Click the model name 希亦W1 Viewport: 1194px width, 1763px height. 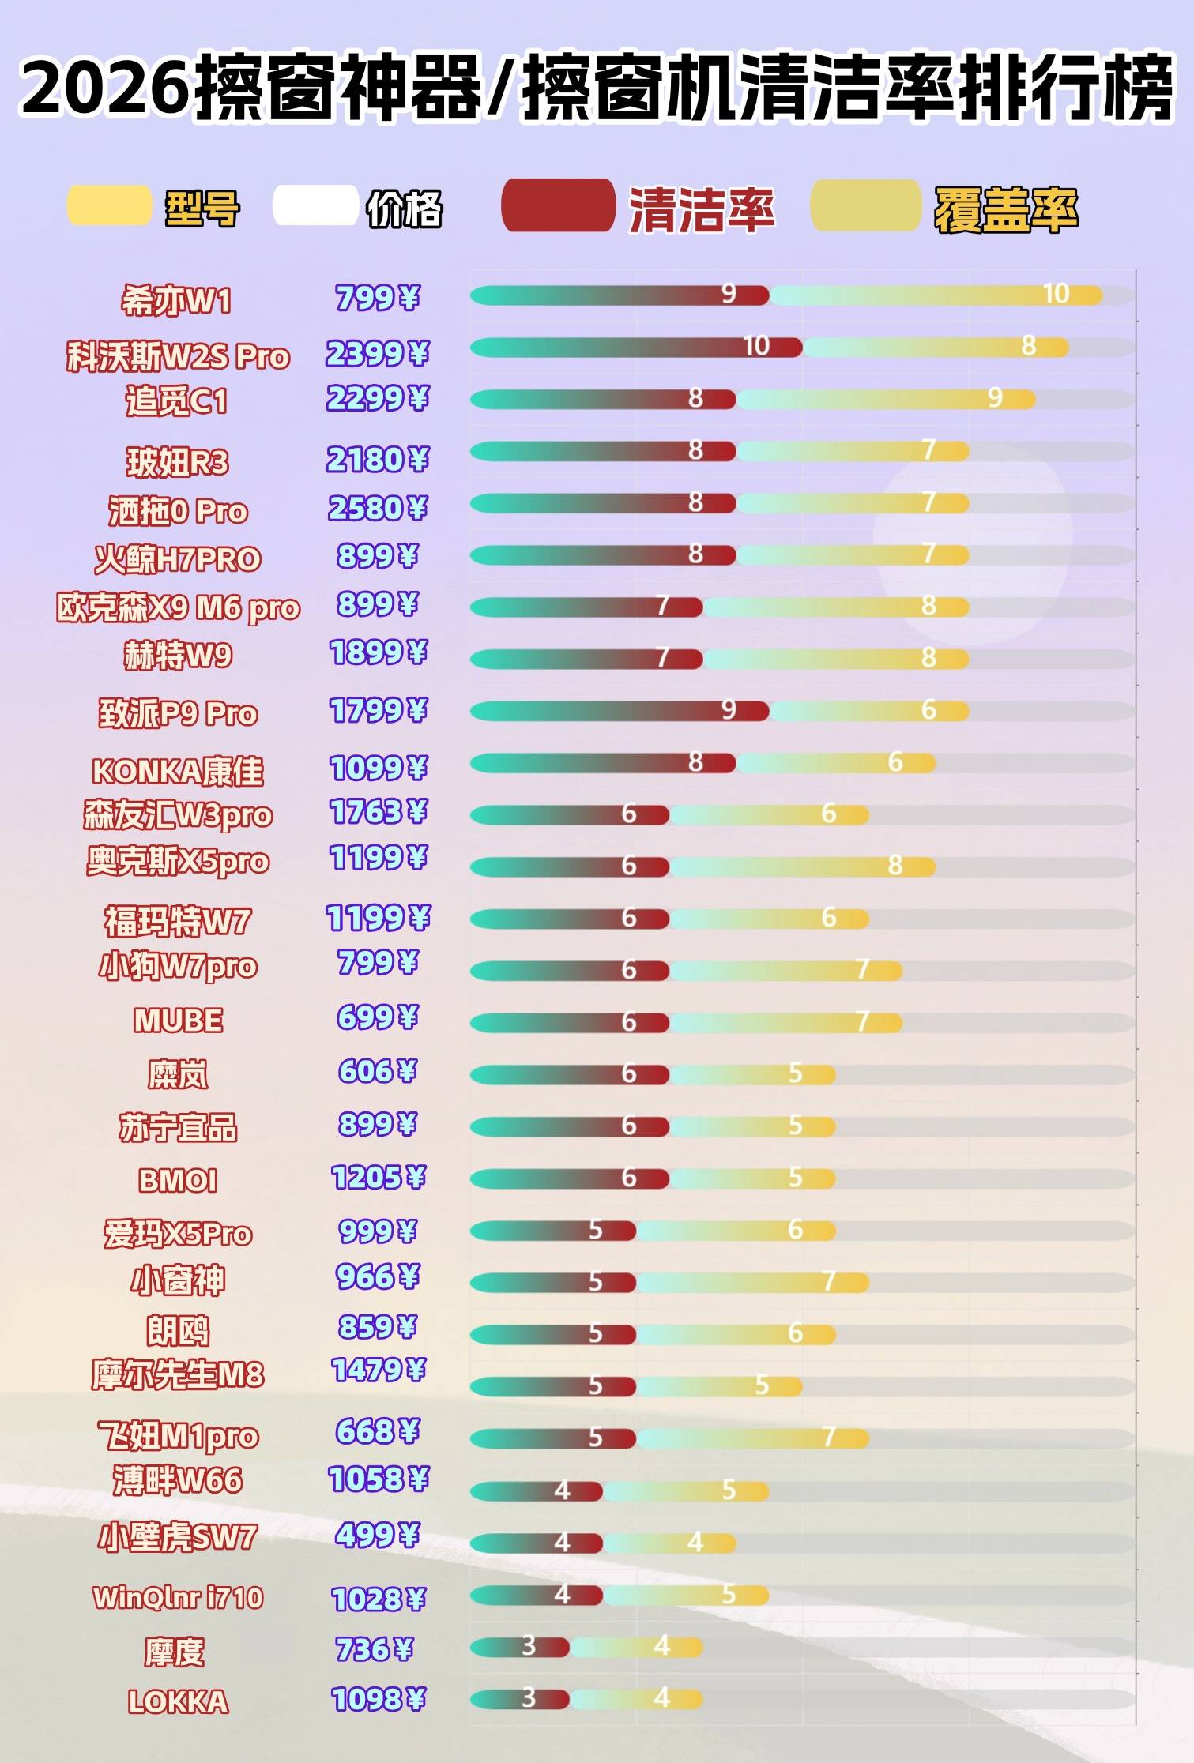pyautogui.click(x=176, y=301)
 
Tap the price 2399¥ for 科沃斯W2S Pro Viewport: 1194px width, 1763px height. pyautogui.click(x=377, y=354)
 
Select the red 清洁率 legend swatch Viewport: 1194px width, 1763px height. pyautogui.click(x=558, y=206)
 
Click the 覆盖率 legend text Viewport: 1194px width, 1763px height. pyautogui.click(x=1006, y=210)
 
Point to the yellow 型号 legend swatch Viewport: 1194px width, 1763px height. pyautogui.click(x=109, y=205)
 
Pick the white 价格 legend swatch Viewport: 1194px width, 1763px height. pyautogui.click(x=315, y=205)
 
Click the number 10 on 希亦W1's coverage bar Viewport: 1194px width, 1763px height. pyautogui.click(x=1056, y=294)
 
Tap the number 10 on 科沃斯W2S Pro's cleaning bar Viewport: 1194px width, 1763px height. pyautogui.click(x=756, y=346)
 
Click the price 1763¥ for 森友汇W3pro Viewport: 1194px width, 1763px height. pyautogui.click(x=379, y=812)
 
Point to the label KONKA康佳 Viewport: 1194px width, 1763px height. pyautogui.click(x=178, y=771)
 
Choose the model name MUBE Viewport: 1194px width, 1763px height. pyautogui.click(x=178, y=1021)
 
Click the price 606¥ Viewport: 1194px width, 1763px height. pyautogui.click(x=377, y=1071)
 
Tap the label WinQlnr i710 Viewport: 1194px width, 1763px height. pyautogui.click(x=178, y=1598)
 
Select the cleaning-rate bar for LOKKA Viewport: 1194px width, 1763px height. pyautogui.click(x=520, y=1698)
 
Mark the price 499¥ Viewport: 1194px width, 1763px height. pyautogui.click(x=377, y=1535)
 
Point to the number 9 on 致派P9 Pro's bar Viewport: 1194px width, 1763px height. pyautogui.click(x=729, y=710)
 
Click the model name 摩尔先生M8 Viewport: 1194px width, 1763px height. pyautogui.click(x=178, y=1374)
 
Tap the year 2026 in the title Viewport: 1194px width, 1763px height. pyautogui.click(x=107, y=88)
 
